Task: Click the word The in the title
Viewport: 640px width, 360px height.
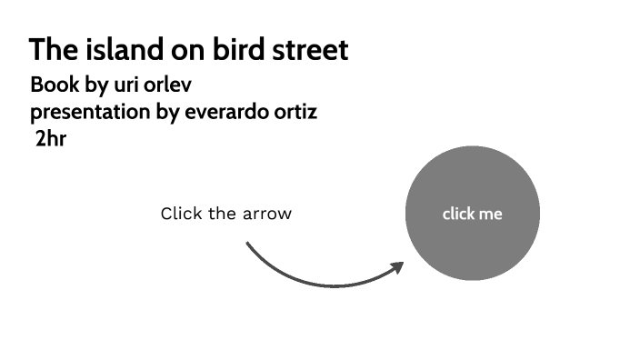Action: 46,50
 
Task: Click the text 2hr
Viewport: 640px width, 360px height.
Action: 50,140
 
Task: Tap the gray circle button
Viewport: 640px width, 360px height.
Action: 472,182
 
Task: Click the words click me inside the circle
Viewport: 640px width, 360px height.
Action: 472,215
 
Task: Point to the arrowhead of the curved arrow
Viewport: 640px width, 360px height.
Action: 396,267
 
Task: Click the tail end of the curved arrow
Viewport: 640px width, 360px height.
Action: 248,244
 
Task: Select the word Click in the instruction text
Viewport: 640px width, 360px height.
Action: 180,214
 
